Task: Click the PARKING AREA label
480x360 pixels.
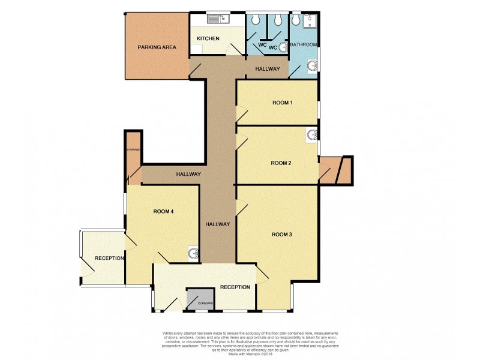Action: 157,47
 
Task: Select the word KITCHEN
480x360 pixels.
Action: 209,39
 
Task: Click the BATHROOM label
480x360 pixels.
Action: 304,45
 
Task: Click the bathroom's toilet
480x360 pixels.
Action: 295,20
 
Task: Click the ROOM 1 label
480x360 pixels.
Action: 282,103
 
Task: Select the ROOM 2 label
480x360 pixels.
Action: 281,163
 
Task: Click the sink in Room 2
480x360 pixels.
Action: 312,135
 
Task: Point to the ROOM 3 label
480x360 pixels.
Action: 281,234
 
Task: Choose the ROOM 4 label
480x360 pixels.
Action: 163,211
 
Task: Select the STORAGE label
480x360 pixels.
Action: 133,149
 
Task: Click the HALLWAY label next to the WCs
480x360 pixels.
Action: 267,69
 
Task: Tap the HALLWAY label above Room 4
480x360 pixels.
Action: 188,174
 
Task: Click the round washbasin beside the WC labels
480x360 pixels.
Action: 283,47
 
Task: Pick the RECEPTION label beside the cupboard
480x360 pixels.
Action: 235,287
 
